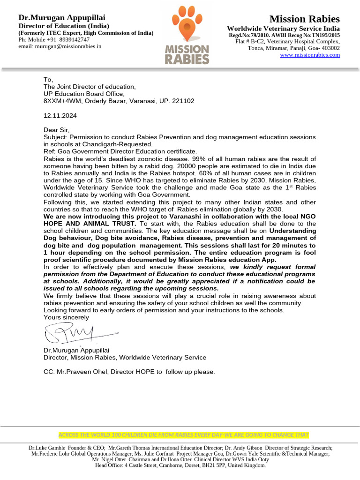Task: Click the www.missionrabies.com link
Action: [x=310, y=55]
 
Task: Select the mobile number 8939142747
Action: [x=74, y=40]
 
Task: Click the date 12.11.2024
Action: [x=60, y=115]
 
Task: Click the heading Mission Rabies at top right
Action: [x=305, y=19]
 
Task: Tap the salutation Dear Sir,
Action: [x=56, y=130]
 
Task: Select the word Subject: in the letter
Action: [x=56, y=137]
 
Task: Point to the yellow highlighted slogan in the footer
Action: [x=183, y=435]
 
